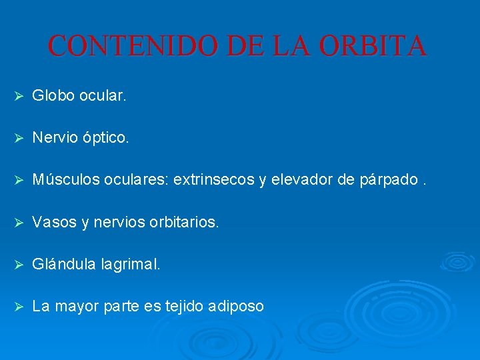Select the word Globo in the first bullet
click(x=53, y=96)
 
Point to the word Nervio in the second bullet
click(x=55, y=138)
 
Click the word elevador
click(x=300, y=180)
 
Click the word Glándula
click(x=65, y=264)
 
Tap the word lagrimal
click(x=131, y=265)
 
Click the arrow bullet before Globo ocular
click(x=19, y=97)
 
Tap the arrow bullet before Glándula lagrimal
click(x=19, y=265)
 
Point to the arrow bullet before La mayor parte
click(x=19, y=307)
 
